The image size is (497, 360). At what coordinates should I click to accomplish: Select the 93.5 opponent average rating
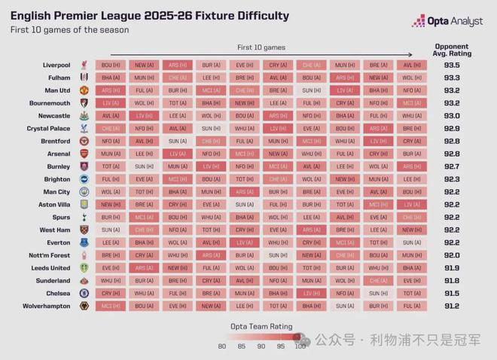click(452, 66)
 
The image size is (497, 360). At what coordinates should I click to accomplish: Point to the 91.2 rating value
click(452, 307)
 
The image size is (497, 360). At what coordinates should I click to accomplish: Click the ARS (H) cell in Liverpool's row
click(178, 66)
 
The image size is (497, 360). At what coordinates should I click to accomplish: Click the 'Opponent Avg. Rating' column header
click(452, 50)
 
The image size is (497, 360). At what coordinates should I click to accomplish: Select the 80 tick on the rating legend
click(221, 346)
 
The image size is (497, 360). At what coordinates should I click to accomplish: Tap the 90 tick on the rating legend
click(261, 346)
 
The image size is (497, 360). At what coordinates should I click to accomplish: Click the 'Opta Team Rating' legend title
click(261, 325)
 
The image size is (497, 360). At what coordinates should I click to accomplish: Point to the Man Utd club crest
click(85, 90)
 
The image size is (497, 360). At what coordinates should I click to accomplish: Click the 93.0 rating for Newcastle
click(452, 116)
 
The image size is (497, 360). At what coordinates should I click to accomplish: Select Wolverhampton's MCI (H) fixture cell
click(111, 307)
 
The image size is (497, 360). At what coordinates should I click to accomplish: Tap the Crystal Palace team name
click(49, 129)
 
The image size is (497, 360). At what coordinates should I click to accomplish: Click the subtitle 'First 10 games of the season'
click(69, 30)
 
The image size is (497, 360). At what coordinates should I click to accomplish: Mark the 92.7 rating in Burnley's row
click(452, 166)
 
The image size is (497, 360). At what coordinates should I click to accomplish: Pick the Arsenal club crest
click(85, 154)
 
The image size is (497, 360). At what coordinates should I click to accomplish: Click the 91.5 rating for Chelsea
click(452, 294)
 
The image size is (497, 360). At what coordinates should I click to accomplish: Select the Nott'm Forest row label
click(50, 255)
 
